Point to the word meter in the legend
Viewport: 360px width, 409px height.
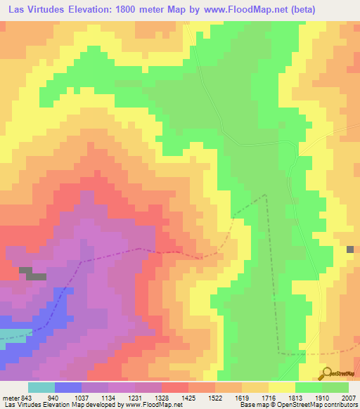pyautogui.click(x=11, y=397)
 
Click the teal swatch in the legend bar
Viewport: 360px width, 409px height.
pyautogui.click(x=41, y=387)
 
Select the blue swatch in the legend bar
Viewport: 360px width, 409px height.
pyautogui.click(x=67, y=387)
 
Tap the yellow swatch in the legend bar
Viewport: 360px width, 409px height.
pyautogui.click(x=281, y=387)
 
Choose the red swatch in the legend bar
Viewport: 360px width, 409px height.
pyautogui.click(x=174, y=387)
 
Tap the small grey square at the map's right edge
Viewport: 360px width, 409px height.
pyautogui.click(x=350, y=249)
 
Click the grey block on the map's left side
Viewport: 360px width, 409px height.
pyautogui.click(x=32, y=274)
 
